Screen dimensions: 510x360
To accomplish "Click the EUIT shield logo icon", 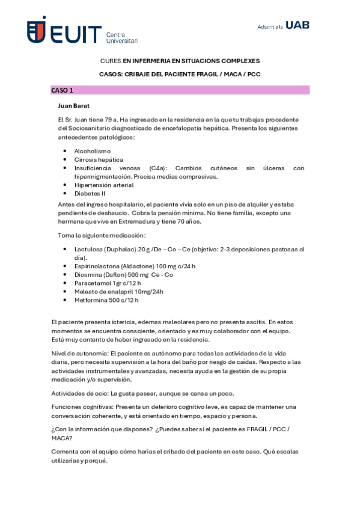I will click(37, 29).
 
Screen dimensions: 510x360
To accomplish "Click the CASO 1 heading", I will click(63, 90).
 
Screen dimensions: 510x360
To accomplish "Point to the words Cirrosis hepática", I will click(99, 159).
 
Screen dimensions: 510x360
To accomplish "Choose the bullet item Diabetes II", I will click(90, 194).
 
